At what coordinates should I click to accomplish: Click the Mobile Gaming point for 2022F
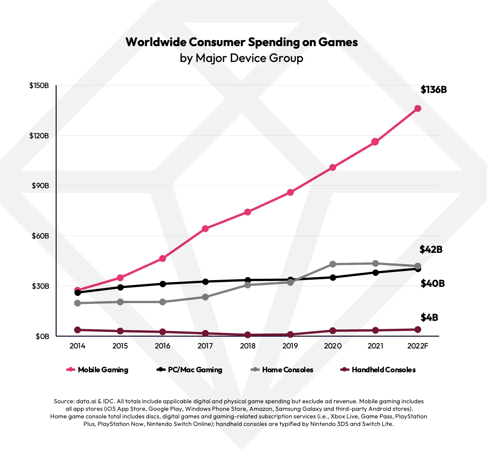pyautogui.click(x=418, y=108)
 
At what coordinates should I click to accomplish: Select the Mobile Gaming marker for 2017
pyautogui.click(x=205, y=229)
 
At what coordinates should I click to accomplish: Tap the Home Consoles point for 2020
pyautogui.click(x=333, y=264)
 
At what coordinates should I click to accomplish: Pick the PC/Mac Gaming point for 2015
pyautogui.click(x=120, y=287)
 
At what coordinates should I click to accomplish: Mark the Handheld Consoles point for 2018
pyautogui.click(x=248, y=335)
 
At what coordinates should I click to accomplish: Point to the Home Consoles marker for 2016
pyautogui.click(x=163, y=302)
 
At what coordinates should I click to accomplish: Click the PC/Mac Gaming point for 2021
pyautogui.click(x=375, y=272)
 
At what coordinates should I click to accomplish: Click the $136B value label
pyautogui.click(x=434, y=90)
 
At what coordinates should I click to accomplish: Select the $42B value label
pyautogui.click(x=431, y=249)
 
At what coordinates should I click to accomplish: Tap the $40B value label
pyautogui.click(x=433, y=283)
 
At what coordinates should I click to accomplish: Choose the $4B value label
pyautogui.click(x=429, y=317)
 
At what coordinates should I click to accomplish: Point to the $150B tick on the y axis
pyautogui.click(x=39, y=85)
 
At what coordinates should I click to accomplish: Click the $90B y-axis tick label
pyautogui.click(x=40, y=186)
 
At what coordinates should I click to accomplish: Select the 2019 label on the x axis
pyautogui.click(x=290, y=346)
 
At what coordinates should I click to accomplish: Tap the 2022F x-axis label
pyautogui.click(x=418, y=346)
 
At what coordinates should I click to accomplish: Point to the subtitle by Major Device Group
pyautogui.click(x=242, y=58)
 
